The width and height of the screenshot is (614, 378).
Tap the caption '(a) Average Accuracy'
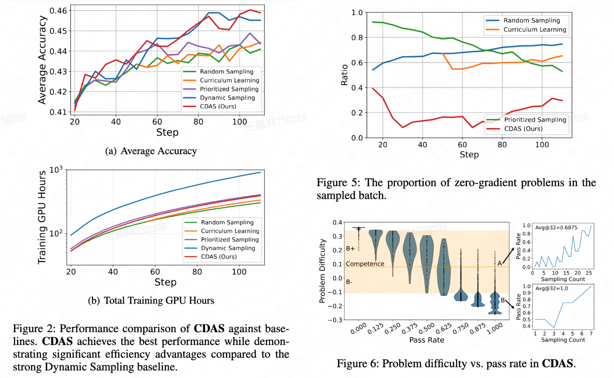click(x=151, y=151)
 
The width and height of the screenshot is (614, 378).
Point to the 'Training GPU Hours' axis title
click(x=43, y=219)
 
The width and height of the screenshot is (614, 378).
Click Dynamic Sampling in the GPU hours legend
click(x=228, y=248)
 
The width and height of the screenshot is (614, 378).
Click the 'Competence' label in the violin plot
click(x=365, y=264)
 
